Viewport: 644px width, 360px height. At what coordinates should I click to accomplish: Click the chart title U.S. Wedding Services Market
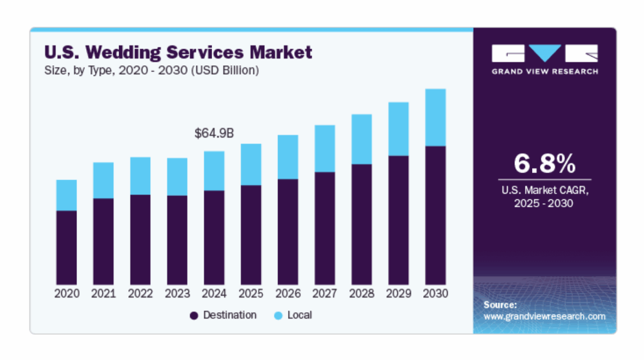177,52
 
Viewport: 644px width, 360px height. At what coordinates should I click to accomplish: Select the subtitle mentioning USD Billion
151,70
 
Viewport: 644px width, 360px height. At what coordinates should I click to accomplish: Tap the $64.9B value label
214,133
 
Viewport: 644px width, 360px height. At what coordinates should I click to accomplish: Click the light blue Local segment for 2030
435,118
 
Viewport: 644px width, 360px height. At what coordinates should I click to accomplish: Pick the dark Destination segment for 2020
67,247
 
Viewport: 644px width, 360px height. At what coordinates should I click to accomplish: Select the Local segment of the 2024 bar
214,171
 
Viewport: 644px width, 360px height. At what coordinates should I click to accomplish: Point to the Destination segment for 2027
325,228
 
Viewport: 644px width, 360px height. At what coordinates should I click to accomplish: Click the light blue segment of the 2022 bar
140,176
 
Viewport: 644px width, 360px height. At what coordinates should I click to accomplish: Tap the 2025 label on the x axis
251,294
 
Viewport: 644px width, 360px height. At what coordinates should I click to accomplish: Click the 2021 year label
103,294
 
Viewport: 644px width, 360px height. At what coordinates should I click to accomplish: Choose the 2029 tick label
399,294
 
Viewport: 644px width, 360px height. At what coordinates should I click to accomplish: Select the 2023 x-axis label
177,294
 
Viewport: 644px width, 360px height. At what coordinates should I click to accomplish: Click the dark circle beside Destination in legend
194,315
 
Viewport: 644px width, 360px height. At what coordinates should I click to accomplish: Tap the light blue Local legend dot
278,315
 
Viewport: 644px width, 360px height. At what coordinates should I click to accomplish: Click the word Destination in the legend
230,315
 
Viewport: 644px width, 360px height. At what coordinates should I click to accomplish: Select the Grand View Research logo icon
544,53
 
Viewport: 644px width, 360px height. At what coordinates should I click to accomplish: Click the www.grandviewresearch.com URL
544,317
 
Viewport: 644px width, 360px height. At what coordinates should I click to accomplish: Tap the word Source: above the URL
500,305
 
